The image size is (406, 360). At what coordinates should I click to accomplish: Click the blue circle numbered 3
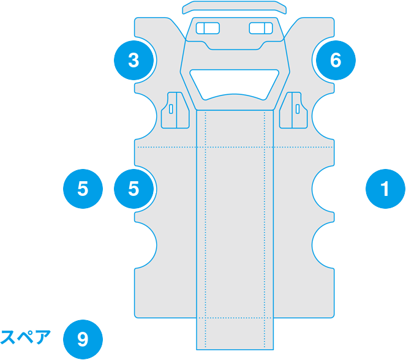[134, 60]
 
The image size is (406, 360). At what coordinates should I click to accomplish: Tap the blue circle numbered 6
[336, 60]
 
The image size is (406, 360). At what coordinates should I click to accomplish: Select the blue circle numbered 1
[385, 189]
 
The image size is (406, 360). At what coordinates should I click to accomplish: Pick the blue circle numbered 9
[83, 339]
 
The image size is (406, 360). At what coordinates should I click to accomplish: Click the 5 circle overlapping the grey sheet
[134, 189]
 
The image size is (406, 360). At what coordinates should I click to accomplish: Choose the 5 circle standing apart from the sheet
[83, 189]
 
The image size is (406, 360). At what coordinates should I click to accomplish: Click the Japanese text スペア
[25, 337]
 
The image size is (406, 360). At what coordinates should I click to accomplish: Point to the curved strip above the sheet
[235, 7]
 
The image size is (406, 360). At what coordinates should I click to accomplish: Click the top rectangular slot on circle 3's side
[208, 28]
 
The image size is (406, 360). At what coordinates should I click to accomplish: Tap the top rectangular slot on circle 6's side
[261, 28]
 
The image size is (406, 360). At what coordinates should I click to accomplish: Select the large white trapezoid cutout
[235, 84]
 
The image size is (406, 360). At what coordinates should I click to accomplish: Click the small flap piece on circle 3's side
[175, 110]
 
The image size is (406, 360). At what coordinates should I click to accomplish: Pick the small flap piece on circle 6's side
[293, 110]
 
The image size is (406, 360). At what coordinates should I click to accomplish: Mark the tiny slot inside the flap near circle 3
[171, 109]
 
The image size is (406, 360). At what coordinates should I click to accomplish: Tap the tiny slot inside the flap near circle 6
[298, 109]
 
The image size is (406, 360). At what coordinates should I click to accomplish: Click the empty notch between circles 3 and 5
[146, 116]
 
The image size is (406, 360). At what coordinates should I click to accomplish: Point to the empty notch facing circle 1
[323, 189]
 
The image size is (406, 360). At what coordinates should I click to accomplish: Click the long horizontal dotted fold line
[235, 148]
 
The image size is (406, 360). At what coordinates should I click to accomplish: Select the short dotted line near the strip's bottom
[235, 318]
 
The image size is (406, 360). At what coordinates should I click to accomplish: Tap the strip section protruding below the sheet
[235, 334]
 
